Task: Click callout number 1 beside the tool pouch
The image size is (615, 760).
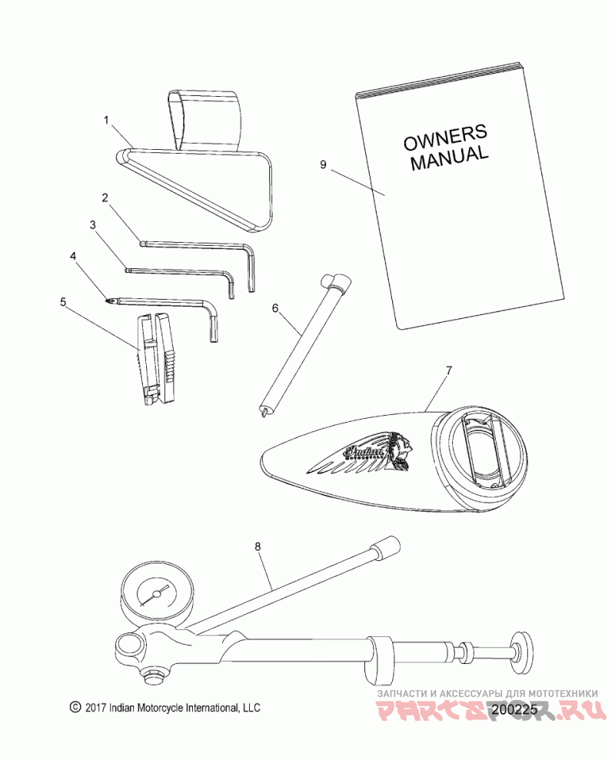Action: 106,121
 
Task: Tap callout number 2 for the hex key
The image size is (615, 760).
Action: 105,197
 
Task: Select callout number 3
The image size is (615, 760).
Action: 92,225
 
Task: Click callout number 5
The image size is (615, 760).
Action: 63,302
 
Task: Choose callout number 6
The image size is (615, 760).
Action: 274,309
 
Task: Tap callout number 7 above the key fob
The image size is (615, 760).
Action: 450,370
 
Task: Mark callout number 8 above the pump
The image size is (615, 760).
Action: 258,546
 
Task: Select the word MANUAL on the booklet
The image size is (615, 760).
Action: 450,158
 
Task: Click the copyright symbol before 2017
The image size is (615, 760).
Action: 75,706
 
